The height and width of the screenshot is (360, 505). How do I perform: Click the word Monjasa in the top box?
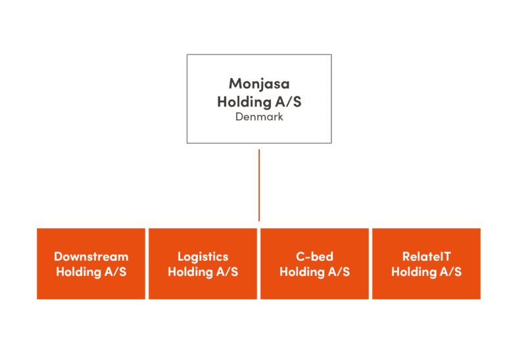tap(259, 83)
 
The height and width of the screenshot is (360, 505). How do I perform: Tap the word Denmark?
tap(259, 117)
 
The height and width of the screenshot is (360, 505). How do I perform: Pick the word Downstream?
tap(91, 256)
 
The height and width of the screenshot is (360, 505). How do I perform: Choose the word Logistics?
tap(203, 256)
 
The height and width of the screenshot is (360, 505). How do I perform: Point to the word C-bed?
tap(314, 256)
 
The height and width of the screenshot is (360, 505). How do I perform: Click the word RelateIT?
tap(426, 256)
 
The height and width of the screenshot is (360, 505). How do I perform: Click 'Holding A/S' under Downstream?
tap(91, 272)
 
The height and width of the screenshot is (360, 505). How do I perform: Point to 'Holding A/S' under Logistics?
tap(203, 272)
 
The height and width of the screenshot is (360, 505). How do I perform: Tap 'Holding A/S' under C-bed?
tap(314, 272)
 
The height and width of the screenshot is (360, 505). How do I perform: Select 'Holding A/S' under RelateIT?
tap(426, 272)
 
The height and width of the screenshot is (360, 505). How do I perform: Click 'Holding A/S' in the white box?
tap(259, 102)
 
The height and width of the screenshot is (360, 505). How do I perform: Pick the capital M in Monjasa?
tap(235, 83)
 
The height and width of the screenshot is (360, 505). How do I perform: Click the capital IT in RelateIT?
tap(446, 256)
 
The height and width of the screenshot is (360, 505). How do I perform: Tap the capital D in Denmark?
tap(239, 117)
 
